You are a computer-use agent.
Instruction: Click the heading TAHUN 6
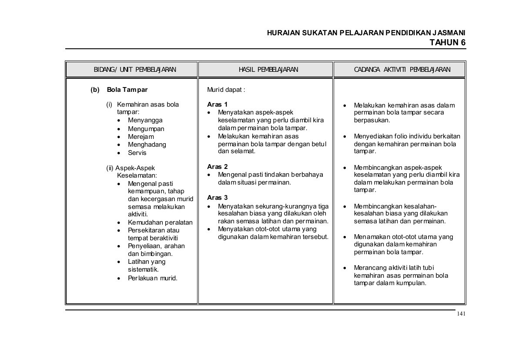point(447,42)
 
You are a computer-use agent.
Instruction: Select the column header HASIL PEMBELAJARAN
point(265,70)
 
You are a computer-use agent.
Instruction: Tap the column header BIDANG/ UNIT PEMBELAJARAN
point(131,70)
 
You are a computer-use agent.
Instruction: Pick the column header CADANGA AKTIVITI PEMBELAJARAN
point(399,70)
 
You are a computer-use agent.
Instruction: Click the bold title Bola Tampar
point(127,90)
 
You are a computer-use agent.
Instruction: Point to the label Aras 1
point(217,104)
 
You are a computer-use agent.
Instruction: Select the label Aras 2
point(217,167)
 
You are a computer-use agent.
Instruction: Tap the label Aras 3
point(217,198)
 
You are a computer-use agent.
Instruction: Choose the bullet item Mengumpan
point(146,129)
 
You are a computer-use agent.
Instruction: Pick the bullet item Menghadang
point(147,145)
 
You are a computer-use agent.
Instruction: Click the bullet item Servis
point(137,153)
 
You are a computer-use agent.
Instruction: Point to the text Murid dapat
point(226,90)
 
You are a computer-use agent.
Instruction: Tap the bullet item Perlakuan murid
point(152,278)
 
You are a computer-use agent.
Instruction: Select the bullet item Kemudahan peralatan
point(160,222)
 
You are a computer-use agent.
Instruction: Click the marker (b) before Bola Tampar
point(95,90)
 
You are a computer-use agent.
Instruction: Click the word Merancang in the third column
point(369,267)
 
